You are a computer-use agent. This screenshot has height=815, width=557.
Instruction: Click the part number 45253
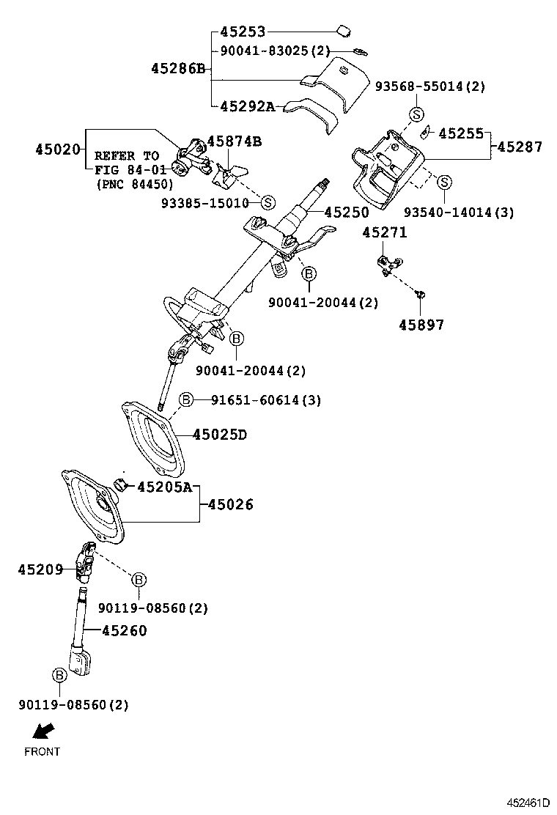[243, 32]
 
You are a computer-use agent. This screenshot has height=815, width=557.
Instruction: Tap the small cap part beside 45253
[342, 30]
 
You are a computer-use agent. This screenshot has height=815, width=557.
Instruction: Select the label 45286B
[178, 69]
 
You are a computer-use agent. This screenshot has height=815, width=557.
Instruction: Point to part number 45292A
[247, 106]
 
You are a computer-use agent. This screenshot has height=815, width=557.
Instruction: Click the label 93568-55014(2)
[429, 86]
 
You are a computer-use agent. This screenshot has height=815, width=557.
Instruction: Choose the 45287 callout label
[520, 147]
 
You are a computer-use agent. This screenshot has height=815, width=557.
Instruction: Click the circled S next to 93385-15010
[268, 202]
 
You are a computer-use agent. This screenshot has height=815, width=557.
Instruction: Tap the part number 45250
[348, 212]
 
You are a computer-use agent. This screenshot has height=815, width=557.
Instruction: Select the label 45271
[385, 232]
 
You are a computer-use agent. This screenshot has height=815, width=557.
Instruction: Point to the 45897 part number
[421, 324]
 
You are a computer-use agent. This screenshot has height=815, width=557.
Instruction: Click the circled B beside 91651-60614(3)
[186, 399]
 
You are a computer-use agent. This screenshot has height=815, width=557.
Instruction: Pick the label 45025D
[220, 435]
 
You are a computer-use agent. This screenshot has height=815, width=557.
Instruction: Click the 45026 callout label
[231, 504]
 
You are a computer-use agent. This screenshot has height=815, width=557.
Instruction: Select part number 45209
[40, 569]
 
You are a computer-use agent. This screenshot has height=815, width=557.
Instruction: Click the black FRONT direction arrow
[43, 731]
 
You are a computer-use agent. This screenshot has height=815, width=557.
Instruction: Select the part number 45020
[57, 149]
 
